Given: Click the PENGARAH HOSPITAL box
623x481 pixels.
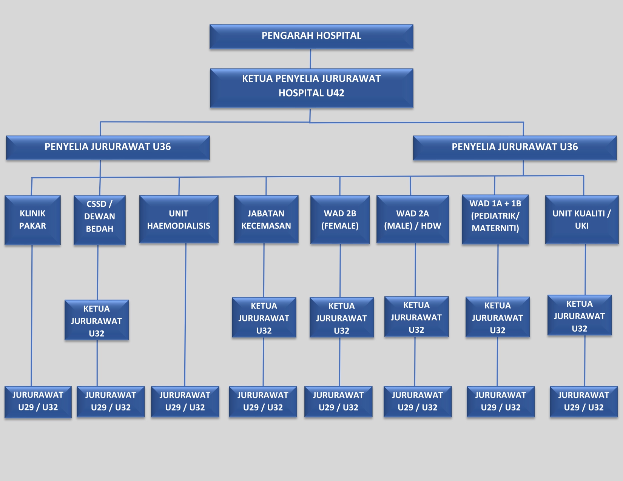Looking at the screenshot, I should click(x=311, y=37).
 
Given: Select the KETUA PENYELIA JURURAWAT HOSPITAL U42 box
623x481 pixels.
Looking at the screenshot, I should click(x=311, y=88).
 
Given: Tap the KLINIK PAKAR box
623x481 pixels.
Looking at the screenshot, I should click(x=32, y=220).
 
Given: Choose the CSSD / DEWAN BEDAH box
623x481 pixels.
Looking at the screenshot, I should click(x=99, y=220).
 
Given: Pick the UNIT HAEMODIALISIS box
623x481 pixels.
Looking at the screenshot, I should click(x=179, y=219).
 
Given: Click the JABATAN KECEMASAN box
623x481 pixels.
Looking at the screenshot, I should click(x=266, y=219).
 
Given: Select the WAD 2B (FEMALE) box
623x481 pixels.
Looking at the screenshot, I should click(x=340, y=219).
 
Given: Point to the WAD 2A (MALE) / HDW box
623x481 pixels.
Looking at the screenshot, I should click(x=412, y=219).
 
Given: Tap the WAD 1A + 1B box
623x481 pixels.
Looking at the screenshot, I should click(x=495, y=219).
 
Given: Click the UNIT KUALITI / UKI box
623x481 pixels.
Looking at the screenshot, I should click(x=581, y=219).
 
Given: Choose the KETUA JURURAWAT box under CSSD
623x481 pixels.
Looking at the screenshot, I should click(x=97, y=320).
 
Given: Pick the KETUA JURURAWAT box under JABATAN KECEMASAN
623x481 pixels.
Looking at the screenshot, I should click(x=264, y=318).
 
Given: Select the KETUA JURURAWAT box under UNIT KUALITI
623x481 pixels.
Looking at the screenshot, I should click(x=579, y=316).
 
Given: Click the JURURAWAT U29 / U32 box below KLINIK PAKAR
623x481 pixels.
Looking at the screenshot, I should click(x=38, y=401).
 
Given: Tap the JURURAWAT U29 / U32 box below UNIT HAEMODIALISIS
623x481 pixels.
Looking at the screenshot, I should click(x=185, y=401).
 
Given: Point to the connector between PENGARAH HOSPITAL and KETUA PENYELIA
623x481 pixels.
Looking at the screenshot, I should click(x=310, y=59).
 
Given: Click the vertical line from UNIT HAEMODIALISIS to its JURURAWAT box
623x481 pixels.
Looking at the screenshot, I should click(x=185, y=313).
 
